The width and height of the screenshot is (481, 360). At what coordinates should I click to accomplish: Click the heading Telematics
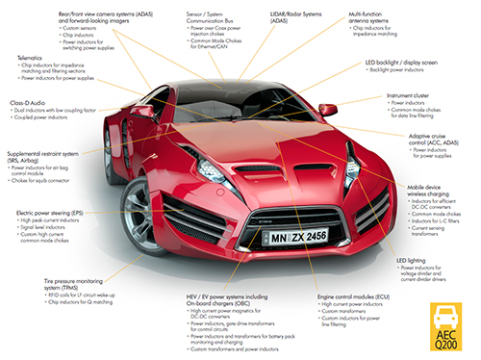pyautogui.click(x=27, y=57)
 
